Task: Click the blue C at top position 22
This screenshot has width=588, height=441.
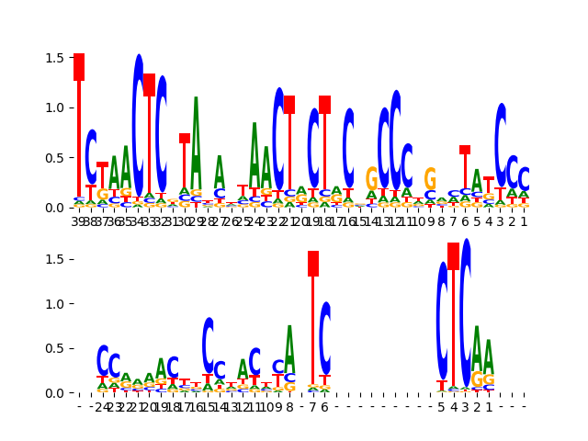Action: (278, 138)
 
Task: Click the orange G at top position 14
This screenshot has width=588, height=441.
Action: (371, 178)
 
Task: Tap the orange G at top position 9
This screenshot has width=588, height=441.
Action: (430, 178)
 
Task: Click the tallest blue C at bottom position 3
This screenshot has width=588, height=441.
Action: (466, 312)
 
